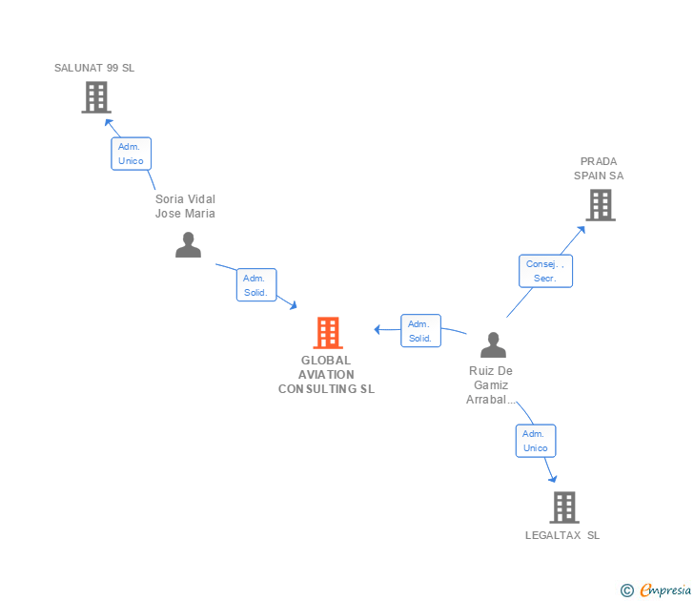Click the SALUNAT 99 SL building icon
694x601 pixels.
(95, 97)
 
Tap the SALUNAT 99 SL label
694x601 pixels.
(94, 68)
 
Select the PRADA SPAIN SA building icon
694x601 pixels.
(600, 205)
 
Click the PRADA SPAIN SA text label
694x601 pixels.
(599, 169)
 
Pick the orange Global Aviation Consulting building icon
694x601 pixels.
(327, 333)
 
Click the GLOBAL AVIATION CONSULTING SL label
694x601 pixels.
(326, 375)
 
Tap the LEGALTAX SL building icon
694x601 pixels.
(564, 508)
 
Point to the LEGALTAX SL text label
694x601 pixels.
(562, 535)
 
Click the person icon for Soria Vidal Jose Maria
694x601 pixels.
(189, 245)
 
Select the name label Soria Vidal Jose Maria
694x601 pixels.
(185, 206)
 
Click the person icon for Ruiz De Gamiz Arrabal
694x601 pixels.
(493, 344)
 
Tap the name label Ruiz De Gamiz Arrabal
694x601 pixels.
(491, 385)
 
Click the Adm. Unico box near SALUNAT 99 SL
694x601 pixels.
(131, 154)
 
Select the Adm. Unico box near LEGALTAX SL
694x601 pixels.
(536, 441)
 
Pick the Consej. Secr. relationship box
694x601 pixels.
(545, 271)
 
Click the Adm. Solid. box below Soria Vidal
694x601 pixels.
(255, 285)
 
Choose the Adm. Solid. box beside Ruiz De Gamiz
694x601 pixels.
(420, 331)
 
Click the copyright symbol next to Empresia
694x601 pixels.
(626, 591)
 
